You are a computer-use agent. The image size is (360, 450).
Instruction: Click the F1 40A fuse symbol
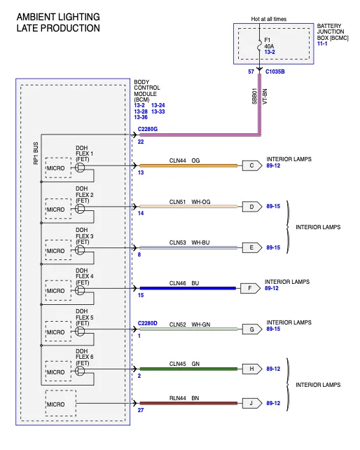click(260, 46)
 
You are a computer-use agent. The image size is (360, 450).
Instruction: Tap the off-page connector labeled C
click(252, 165)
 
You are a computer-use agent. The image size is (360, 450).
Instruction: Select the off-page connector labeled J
click(252, 403)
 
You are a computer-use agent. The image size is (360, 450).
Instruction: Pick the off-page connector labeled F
click(250, 288)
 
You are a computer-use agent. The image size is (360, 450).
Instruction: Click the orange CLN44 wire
click(188, 165)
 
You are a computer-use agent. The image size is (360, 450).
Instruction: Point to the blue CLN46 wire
click(188, 288)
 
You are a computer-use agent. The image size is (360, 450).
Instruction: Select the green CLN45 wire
click(188, 369)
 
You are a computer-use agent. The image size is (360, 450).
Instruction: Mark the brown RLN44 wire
click(188, 403)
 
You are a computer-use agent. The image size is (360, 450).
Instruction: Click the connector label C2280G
click(148, 129)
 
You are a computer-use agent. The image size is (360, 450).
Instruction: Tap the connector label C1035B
click(275, 71)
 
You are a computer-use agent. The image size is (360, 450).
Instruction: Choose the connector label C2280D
click(148, 323)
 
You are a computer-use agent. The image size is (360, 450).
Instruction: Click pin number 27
click(141, 410)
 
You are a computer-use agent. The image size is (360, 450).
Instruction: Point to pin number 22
click(141, 142)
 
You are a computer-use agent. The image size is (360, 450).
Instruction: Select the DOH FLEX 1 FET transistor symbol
click(80, 168)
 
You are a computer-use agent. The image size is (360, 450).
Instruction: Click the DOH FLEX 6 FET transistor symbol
click(80, 371)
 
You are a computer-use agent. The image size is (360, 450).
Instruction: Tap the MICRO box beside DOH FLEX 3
click(58, 250)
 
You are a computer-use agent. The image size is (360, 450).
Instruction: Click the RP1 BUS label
click(36, 154)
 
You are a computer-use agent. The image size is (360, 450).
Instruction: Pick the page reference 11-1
click(322, 43)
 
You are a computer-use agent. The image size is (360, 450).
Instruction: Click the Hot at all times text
click(269, 19)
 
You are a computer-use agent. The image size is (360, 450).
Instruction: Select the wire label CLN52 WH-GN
click(190, 325)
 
